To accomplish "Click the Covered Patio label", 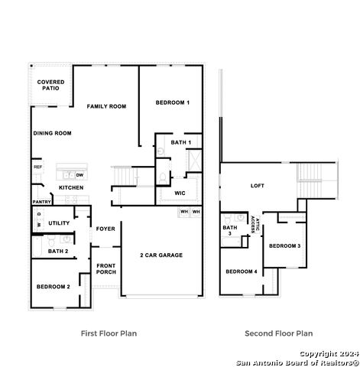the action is coord(50,85).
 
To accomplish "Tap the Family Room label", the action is coord(106,106).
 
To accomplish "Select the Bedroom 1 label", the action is coord(173,102).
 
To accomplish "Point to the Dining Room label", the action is coord(52,133).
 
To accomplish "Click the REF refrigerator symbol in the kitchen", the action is coord(37,167).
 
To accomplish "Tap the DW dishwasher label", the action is coord(79,175).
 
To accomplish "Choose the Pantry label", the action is coord(42,202).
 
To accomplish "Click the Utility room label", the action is coord(59,223).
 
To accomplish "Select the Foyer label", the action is coord(105,229).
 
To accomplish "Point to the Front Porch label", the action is coord(106,269).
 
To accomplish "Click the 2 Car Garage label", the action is coord(161,255).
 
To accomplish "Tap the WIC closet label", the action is coord(180,193).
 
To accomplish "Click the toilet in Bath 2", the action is coord(51,240).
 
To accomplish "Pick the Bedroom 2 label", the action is coord(54,287).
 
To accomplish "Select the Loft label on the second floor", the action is coord(258,186).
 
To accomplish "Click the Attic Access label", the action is coord(255,225).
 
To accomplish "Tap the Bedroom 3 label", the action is coord(285,246).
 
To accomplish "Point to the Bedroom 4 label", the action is coord(242,271).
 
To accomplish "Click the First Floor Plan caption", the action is coord(109,333).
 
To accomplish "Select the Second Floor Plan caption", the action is coord(279,333).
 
